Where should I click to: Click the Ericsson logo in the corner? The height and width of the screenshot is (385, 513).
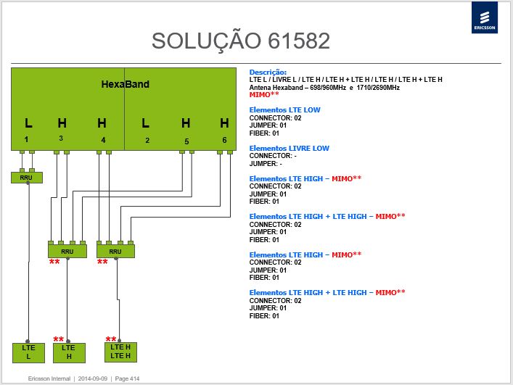click(485, 17)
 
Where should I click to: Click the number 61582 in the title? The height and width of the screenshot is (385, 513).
click(299, 41)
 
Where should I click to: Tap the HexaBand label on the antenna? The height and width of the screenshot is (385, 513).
click(126, 84)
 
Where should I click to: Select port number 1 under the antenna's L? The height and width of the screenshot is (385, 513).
click(26, 139)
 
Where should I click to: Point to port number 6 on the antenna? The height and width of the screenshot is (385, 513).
click(224, 140)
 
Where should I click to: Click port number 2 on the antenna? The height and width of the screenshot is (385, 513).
click(147, 140)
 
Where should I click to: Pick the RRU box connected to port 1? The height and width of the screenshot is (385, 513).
click(27, 178)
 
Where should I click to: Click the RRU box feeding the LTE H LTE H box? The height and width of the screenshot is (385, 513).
click(115, 252)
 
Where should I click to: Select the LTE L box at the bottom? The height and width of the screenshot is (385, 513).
click(28, 352)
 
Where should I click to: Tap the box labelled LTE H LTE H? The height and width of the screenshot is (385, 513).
click(120, 352)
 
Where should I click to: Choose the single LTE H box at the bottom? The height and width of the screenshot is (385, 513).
click(69, 352)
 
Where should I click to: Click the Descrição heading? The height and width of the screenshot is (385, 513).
click(268, 73)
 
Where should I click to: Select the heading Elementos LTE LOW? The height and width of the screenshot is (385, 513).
click(284, 109)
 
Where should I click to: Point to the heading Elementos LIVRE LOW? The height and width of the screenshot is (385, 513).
click(290, 148)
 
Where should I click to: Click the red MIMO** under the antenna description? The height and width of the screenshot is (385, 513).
click(264, 94)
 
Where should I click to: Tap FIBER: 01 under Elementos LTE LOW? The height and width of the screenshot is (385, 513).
click(264, 133)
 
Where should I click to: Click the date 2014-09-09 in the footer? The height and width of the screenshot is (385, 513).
click(93, 378)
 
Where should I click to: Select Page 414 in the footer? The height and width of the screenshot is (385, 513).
click(127, 378)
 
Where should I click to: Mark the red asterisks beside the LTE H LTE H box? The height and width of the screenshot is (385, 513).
click(111, 339)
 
